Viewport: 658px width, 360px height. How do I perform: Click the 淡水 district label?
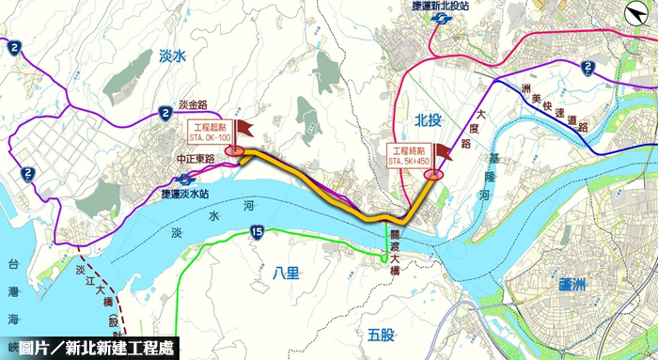[175, 56]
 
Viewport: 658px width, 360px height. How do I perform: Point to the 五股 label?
[383, 332]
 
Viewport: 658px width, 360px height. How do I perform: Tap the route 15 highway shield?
[256, 233]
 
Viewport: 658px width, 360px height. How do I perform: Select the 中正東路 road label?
[195, 161]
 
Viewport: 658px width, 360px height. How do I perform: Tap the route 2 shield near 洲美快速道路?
[587, 67]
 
